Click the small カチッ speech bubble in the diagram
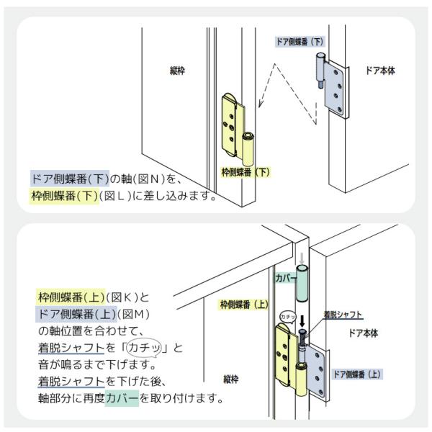click(x=286, y=315)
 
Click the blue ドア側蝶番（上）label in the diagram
click(x=356, y=374)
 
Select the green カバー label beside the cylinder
click(x=282, y=276)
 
